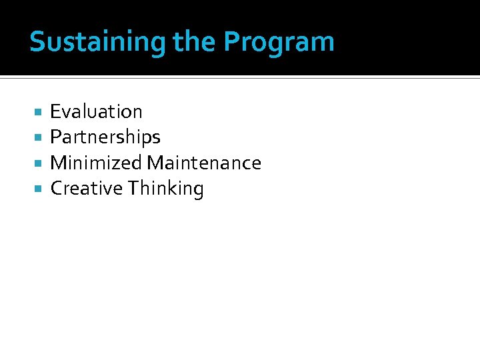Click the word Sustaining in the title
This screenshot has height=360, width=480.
click(x=97, y=42)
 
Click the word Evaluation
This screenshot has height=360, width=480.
click(x=96, y=111)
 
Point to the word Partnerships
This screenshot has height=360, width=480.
click(x=105, y=137)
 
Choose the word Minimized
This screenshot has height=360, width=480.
click(x=96, y=163)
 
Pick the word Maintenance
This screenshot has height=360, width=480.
click(x=204, y=163)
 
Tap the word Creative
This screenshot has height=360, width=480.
click(x=87, y=189)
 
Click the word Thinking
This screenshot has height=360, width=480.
click(x=166, y=189)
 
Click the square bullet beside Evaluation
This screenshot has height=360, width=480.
click(x=38, y=111)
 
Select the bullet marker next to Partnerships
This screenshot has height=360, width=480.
click(x=38, y=137)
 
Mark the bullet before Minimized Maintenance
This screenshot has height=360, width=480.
click(x=38, y=163)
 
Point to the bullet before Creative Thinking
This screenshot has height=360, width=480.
click(x=38, y=189)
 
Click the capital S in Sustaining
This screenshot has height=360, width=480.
click(x=37, y=42)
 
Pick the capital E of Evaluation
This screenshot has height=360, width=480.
click(x=55, y=111)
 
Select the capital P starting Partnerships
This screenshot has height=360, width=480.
click(x=56, y=137)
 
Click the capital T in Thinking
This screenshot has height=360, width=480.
click(x=134, y=189)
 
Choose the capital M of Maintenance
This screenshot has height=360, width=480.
click(x=155, y=163)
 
